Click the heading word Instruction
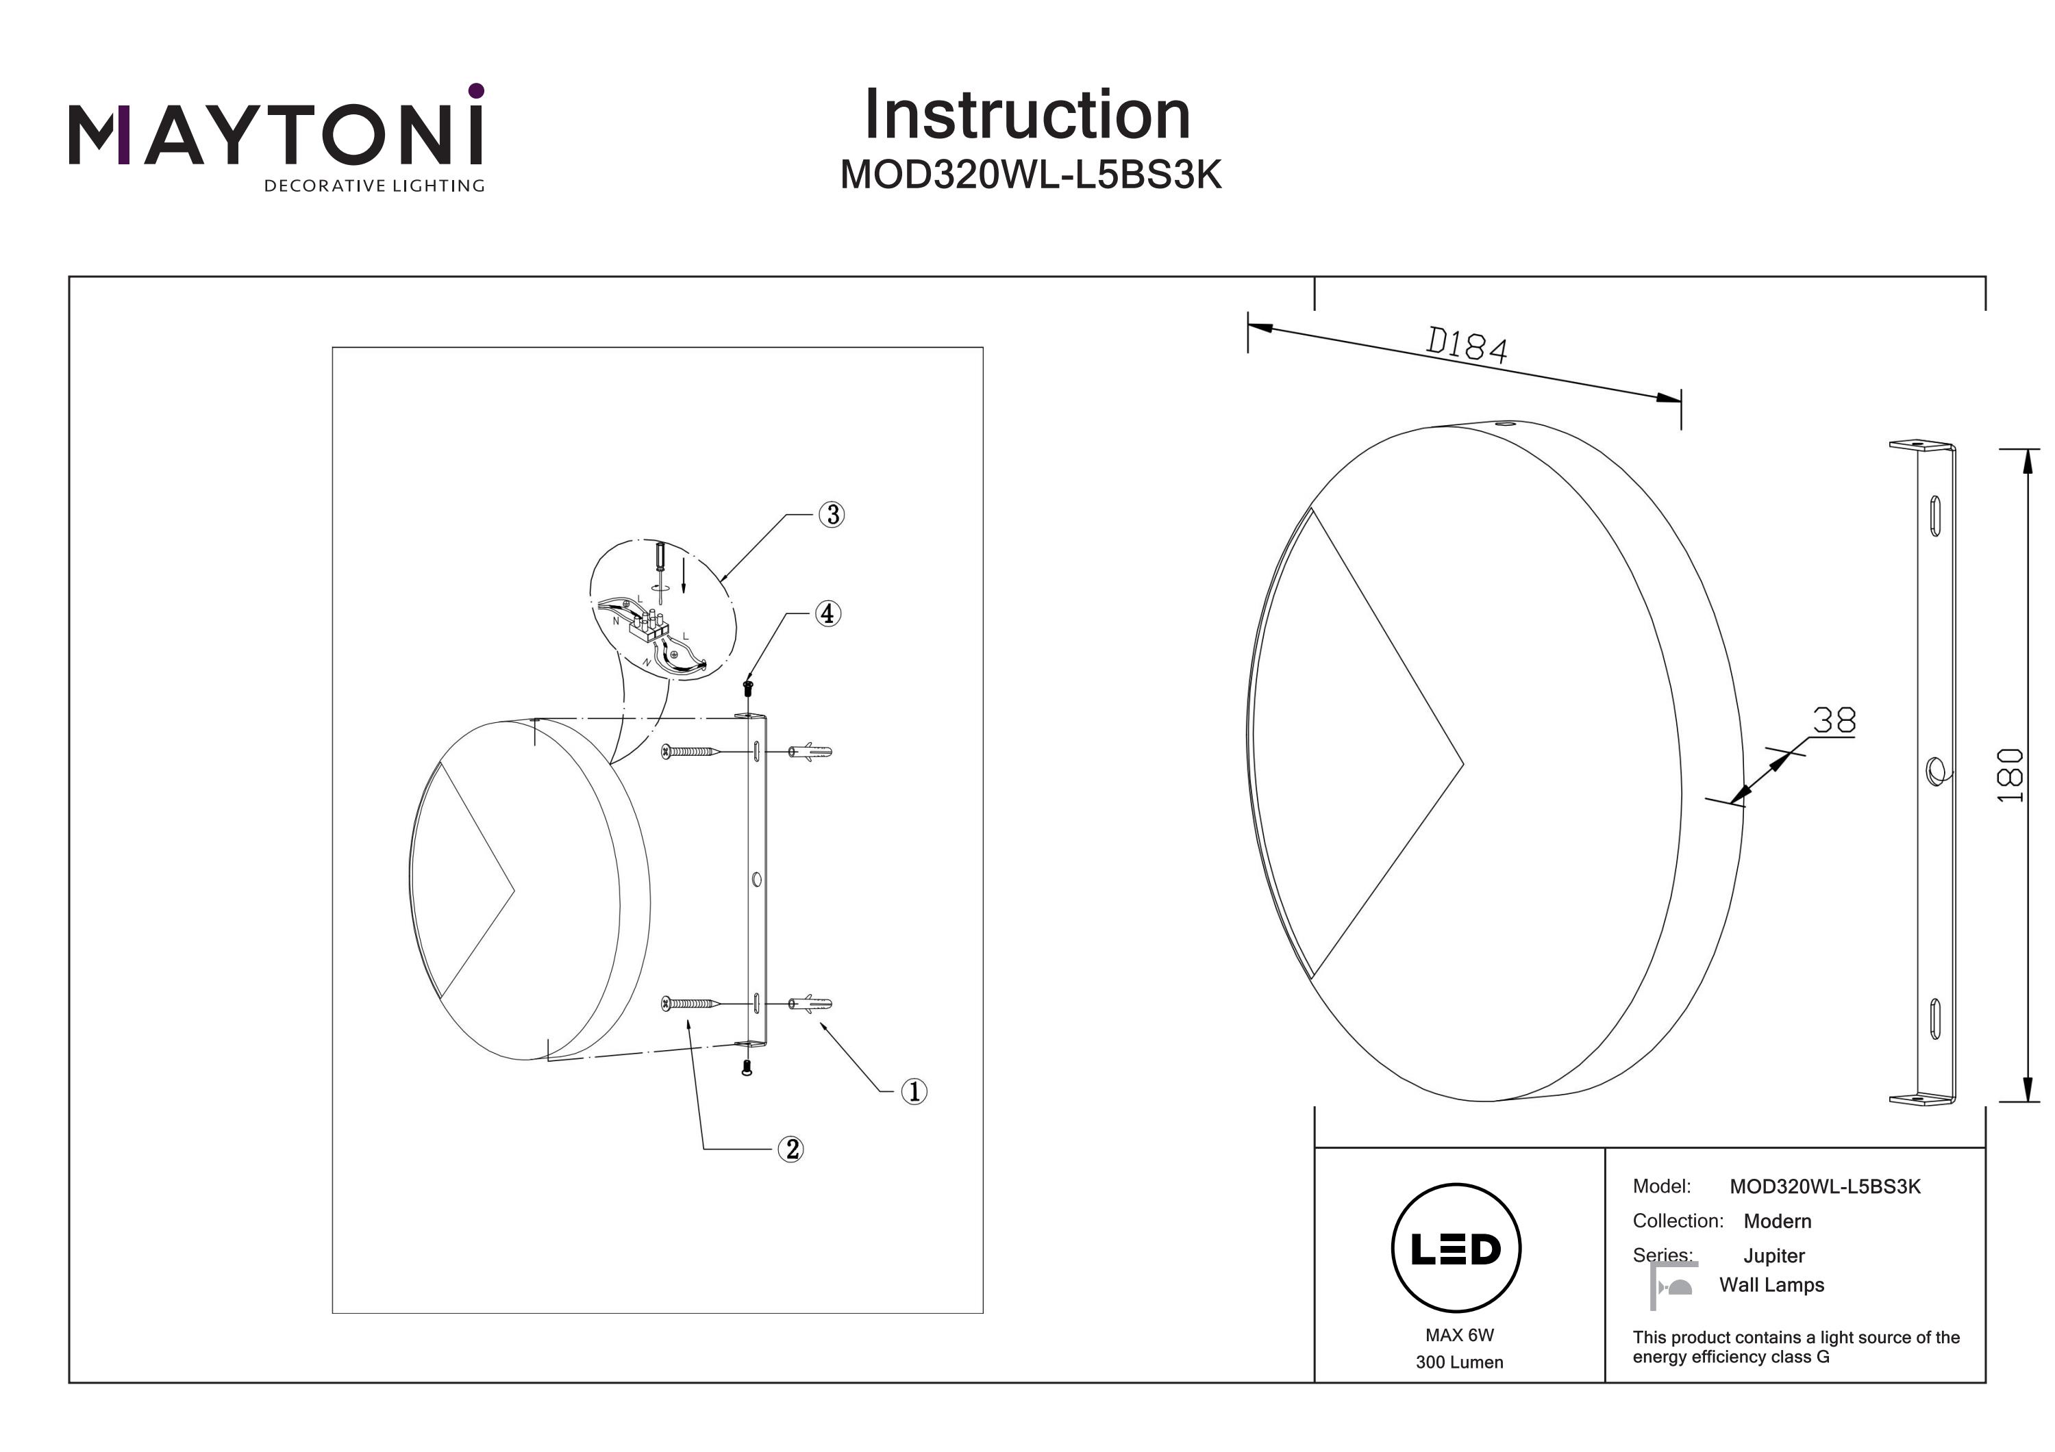(1027, 116)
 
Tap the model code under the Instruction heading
(1030, 175)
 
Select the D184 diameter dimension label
(1466, 345)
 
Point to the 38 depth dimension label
(1834, 720)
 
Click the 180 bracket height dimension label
(2010, 775)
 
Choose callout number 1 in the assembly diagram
(913, 1091)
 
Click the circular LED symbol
(1456, 1248)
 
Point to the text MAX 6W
(1459, 1335)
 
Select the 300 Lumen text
(1459, 1362)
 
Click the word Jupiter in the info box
(1774, 1256)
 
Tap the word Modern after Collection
(1777, 1221)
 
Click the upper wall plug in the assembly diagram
(810, 752)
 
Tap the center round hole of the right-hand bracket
(1932, 770)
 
